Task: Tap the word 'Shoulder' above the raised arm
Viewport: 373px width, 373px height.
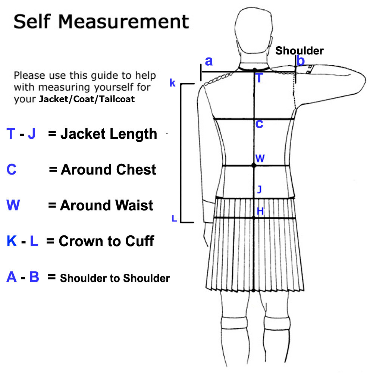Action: point(300,51)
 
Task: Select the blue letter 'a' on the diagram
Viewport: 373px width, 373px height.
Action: point(209,61)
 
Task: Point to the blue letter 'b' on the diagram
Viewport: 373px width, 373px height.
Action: point(301,60)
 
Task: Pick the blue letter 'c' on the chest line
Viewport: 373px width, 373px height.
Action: point(259,124)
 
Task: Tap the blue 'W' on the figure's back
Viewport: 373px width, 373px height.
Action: point(260,159)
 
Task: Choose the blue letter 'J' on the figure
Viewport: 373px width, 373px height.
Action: point(260,189)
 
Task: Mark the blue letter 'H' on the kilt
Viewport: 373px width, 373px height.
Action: point(260,211)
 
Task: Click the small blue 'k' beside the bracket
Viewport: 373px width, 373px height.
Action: point(172,83)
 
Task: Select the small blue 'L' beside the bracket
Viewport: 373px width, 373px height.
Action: point(174,219)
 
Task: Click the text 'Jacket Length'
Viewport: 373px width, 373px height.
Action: point(109,134)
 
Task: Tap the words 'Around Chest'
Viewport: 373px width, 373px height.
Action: point(108,170)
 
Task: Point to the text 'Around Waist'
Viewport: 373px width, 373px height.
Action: point(107,206)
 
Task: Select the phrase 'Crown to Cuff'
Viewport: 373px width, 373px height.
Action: point(106,241)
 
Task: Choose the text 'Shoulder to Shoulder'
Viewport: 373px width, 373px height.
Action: point(115,278)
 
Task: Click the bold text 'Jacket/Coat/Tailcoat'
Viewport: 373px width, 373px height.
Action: point(87,100)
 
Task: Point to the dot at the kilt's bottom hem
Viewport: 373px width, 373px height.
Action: point(253,290)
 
